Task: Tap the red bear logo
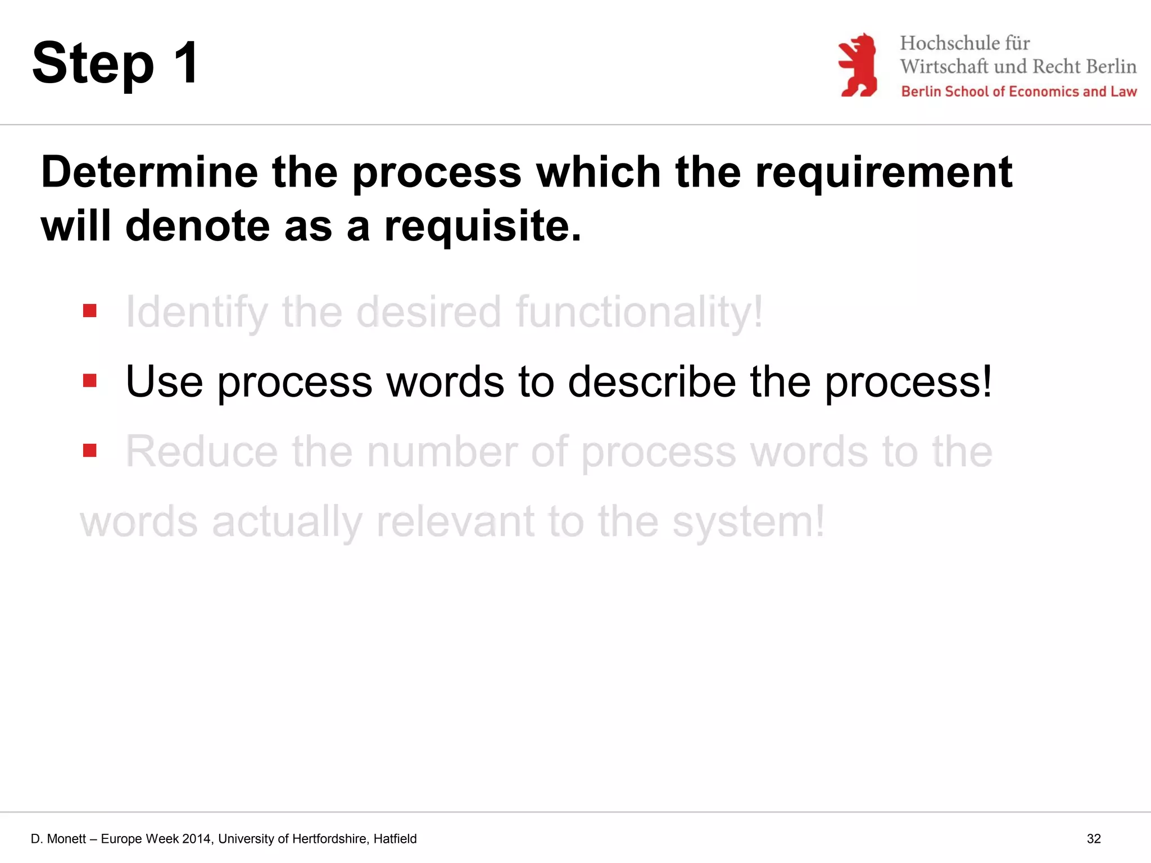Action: [858, 65]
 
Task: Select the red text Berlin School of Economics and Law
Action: [1018, 92]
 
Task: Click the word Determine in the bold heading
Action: [149, 172]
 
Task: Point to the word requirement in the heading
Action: [883, 173]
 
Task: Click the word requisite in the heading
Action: [482, 226]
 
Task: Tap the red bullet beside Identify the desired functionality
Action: [90, 311]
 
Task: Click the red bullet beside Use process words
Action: [90, 381]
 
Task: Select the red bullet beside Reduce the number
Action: [90, 451]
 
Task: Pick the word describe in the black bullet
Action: [652, 382]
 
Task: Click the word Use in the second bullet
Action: [164, 382]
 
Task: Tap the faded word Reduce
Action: [201, 452]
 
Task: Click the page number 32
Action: [1093, 839]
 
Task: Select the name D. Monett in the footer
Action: [58, 839]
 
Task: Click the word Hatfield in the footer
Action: [395, 839]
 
